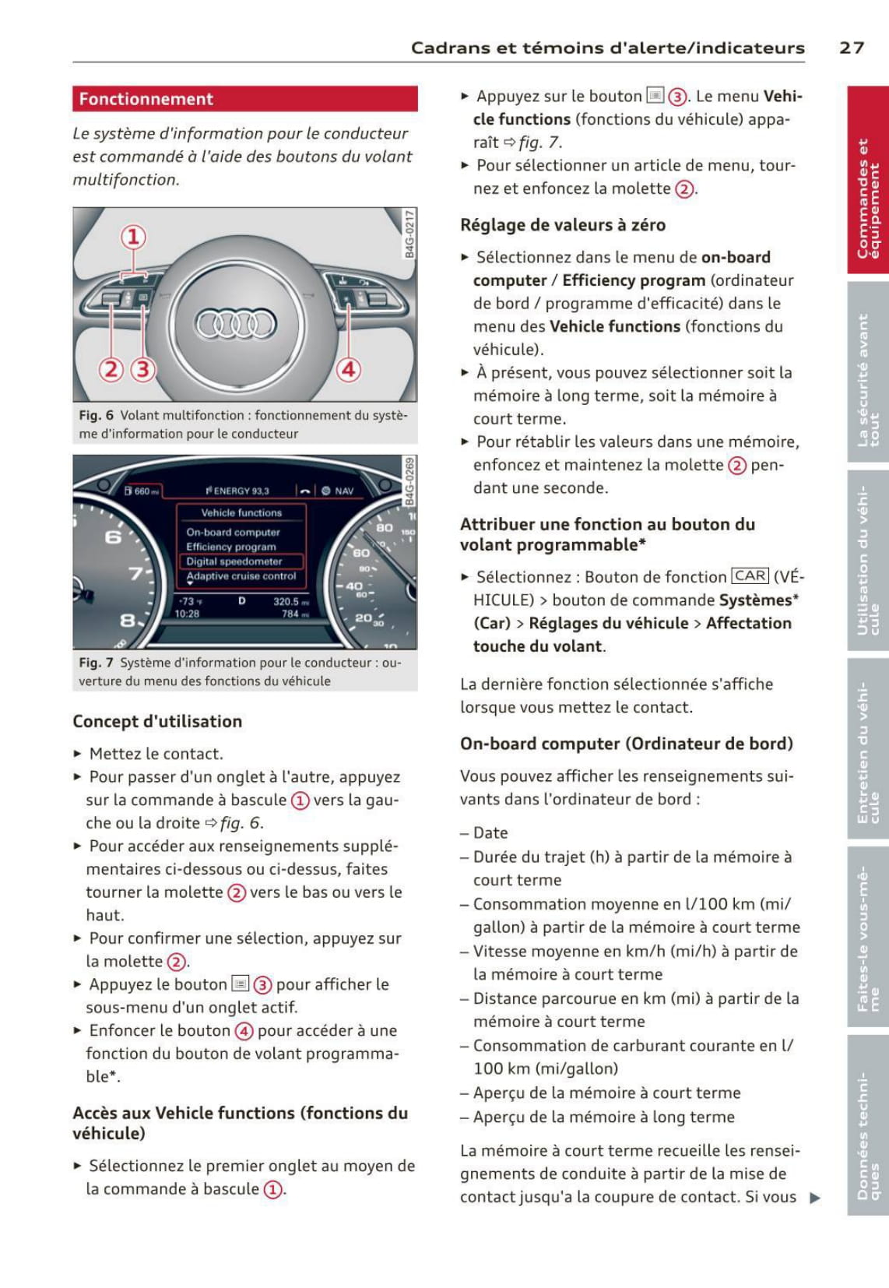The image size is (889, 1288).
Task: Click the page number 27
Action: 852,48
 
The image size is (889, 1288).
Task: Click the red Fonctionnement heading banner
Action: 244,99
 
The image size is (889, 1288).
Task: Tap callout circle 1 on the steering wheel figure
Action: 133,237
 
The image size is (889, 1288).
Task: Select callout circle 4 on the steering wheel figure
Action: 348,368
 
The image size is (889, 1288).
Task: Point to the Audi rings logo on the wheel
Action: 236,324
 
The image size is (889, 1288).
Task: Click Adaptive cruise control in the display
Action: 241,576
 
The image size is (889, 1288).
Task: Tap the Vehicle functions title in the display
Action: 241,512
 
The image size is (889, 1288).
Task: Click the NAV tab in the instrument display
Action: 343,491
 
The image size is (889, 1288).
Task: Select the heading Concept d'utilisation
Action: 157,721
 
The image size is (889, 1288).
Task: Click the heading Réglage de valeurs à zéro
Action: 563,225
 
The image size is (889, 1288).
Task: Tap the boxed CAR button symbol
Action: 750,576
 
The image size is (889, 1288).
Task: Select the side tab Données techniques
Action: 867,1124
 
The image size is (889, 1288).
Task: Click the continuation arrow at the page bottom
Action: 815,1198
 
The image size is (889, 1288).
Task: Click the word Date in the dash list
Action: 490,832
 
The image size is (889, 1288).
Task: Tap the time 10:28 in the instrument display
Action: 187,614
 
